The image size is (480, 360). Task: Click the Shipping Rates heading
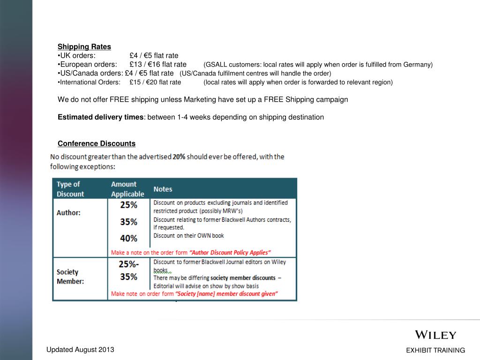click(x=84, y=47)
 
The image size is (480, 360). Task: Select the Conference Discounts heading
click(x=97, y=143)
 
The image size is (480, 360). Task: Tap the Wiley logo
click(x=435, y=335)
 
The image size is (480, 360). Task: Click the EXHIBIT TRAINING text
click(x=435, y=350)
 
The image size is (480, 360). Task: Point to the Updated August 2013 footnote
click(x=80, y=350)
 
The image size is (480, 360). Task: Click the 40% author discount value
click(x=128, y=238)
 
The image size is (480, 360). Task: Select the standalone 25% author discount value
click(x=128, y=205)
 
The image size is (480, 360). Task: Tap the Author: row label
click(x=68, y=213)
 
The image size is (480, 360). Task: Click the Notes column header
click(x=163, y=189)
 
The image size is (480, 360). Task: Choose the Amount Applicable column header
click(x=127, y=189)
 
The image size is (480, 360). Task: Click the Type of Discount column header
click(x=70, y=189)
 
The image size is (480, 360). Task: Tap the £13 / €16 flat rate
click(x=158, y=64)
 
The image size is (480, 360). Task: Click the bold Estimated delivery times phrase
click(x=100, y=117)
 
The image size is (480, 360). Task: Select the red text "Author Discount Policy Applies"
click(x=230, y=252)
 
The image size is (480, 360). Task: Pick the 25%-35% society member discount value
click(x=128, y=270)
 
